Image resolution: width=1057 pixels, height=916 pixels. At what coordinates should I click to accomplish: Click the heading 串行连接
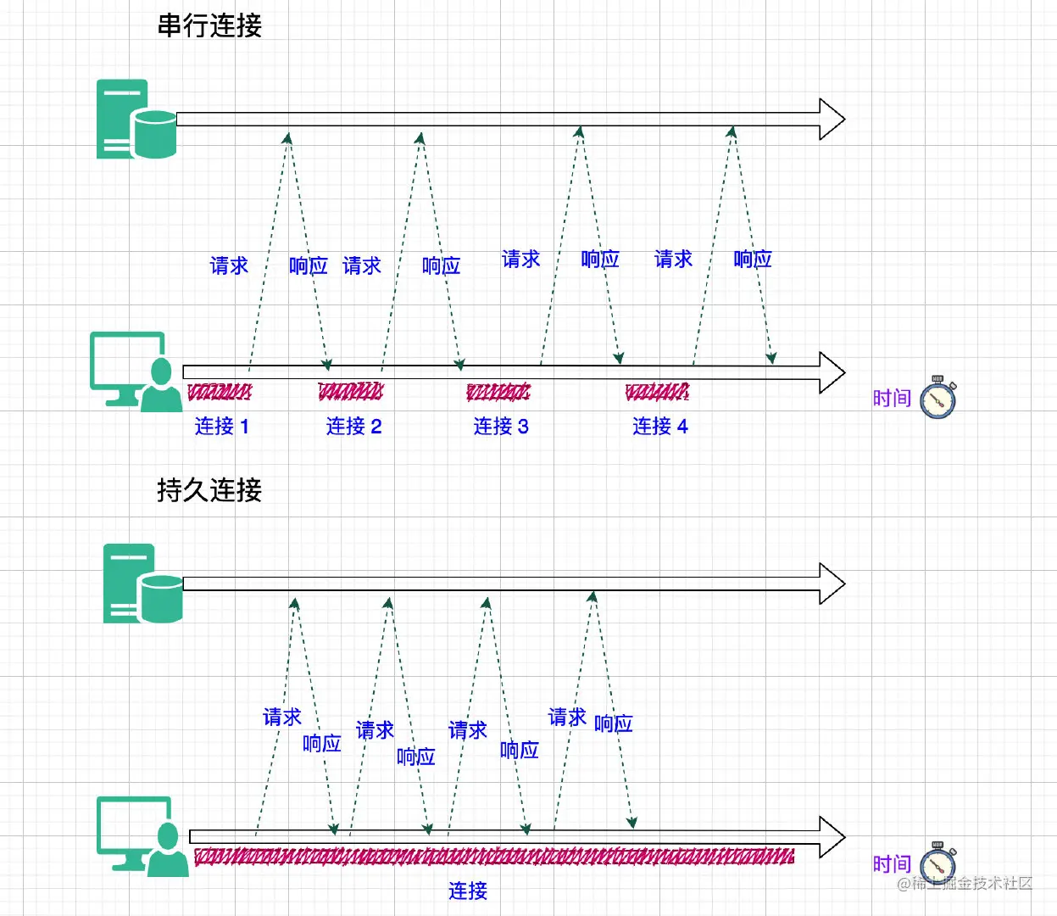pos(209,25)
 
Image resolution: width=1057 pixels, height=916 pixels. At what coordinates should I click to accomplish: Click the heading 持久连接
pos(209,490)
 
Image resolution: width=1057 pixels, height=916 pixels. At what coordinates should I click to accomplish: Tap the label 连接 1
pos(222,426)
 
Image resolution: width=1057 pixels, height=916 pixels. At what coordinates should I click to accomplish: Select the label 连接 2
pos(353,426)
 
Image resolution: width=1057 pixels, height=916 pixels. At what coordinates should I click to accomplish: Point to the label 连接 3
pos(501,426)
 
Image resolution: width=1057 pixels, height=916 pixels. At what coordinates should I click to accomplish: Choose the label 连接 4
pos(659,426)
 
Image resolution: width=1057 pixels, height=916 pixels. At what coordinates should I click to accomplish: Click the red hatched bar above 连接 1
pos(220,392)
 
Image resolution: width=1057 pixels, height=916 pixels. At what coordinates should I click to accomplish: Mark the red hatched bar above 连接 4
pos(657,392)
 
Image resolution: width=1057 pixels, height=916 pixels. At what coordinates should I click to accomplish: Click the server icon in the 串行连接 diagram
pos(136,120)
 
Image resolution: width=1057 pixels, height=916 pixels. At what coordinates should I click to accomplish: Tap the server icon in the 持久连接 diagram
pos(142,584)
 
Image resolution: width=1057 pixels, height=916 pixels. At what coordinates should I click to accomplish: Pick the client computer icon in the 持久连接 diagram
pos(141,836)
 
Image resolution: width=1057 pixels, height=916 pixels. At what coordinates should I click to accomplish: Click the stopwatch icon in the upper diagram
pos(938,397)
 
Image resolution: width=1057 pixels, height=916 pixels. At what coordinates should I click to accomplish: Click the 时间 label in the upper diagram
pos(892,398)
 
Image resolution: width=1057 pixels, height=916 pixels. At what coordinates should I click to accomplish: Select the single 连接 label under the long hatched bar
pos(468,891)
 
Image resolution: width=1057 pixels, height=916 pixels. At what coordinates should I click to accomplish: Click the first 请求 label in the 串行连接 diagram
pos(229,265)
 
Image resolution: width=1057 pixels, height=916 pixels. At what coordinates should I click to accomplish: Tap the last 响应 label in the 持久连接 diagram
pos(613,723)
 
